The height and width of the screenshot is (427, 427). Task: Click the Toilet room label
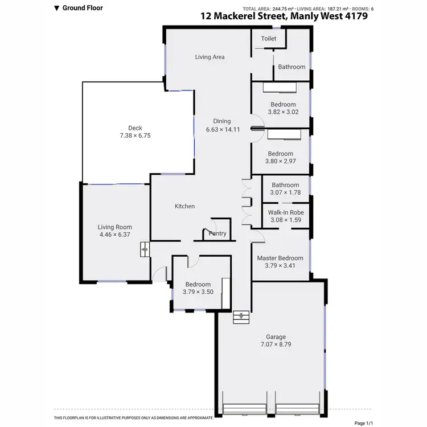tap(269, 39)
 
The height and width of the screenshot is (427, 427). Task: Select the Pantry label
tap(217, 233)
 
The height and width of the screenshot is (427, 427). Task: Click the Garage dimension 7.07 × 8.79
tap(276, 344)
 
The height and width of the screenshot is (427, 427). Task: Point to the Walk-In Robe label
tap(285, 212)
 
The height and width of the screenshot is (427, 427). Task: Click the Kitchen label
tap(184, 206)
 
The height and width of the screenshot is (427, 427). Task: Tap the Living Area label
tap(210, 57)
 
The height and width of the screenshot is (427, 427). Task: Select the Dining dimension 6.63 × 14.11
tap(222, 129)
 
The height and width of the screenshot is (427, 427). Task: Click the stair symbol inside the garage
tap(241, 317)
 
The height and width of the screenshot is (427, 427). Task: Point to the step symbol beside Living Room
tap(145, 249)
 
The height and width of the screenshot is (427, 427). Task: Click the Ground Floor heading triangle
tap(56, 9)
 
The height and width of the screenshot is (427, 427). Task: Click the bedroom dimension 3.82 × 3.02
tap(283, 112)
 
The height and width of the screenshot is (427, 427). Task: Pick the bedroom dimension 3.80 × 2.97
tap(281, 162)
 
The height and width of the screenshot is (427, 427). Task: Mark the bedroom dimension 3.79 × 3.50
tap(198, 292)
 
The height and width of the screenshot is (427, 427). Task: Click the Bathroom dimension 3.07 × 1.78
tap(285, 193)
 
